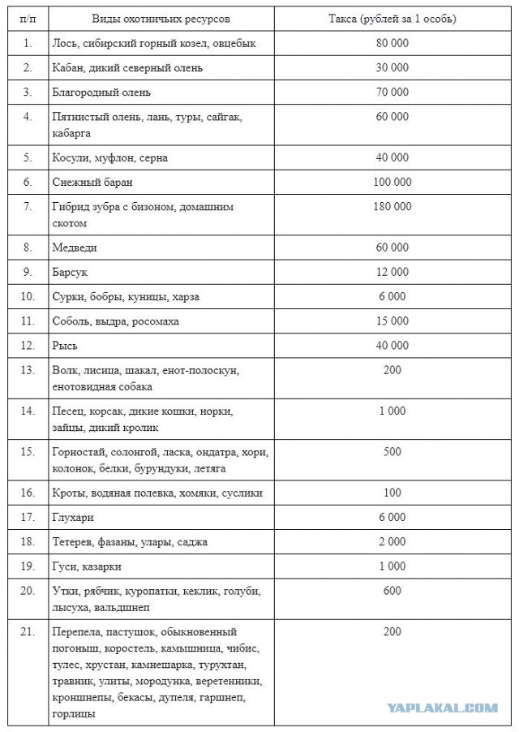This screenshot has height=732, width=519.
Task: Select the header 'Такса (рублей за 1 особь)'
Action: tap(392, 18)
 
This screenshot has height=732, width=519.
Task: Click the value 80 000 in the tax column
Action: tap(392, 43)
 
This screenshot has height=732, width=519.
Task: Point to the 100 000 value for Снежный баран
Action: tap(392, 182)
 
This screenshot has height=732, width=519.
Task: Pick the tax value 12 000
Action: tap(392, 272)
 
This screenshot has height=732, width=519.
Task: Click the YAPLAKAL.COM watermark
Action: tap(442, 708)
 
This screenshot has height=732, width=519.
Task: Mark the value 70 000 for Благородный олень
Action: tap(392, 93)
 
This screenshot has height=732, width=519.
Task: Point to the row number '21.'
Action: tap(28, 631)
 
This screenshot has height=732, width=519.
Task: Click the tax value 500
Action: tap(392, 452)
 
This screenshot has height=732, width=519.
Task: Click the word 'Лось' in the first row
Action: tap(64, 43)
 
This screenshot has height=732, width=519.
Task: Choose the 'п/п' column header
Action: tap(28, 18)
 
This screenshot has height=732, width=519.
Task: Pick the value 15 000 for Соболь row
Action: tap(392, 321)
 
